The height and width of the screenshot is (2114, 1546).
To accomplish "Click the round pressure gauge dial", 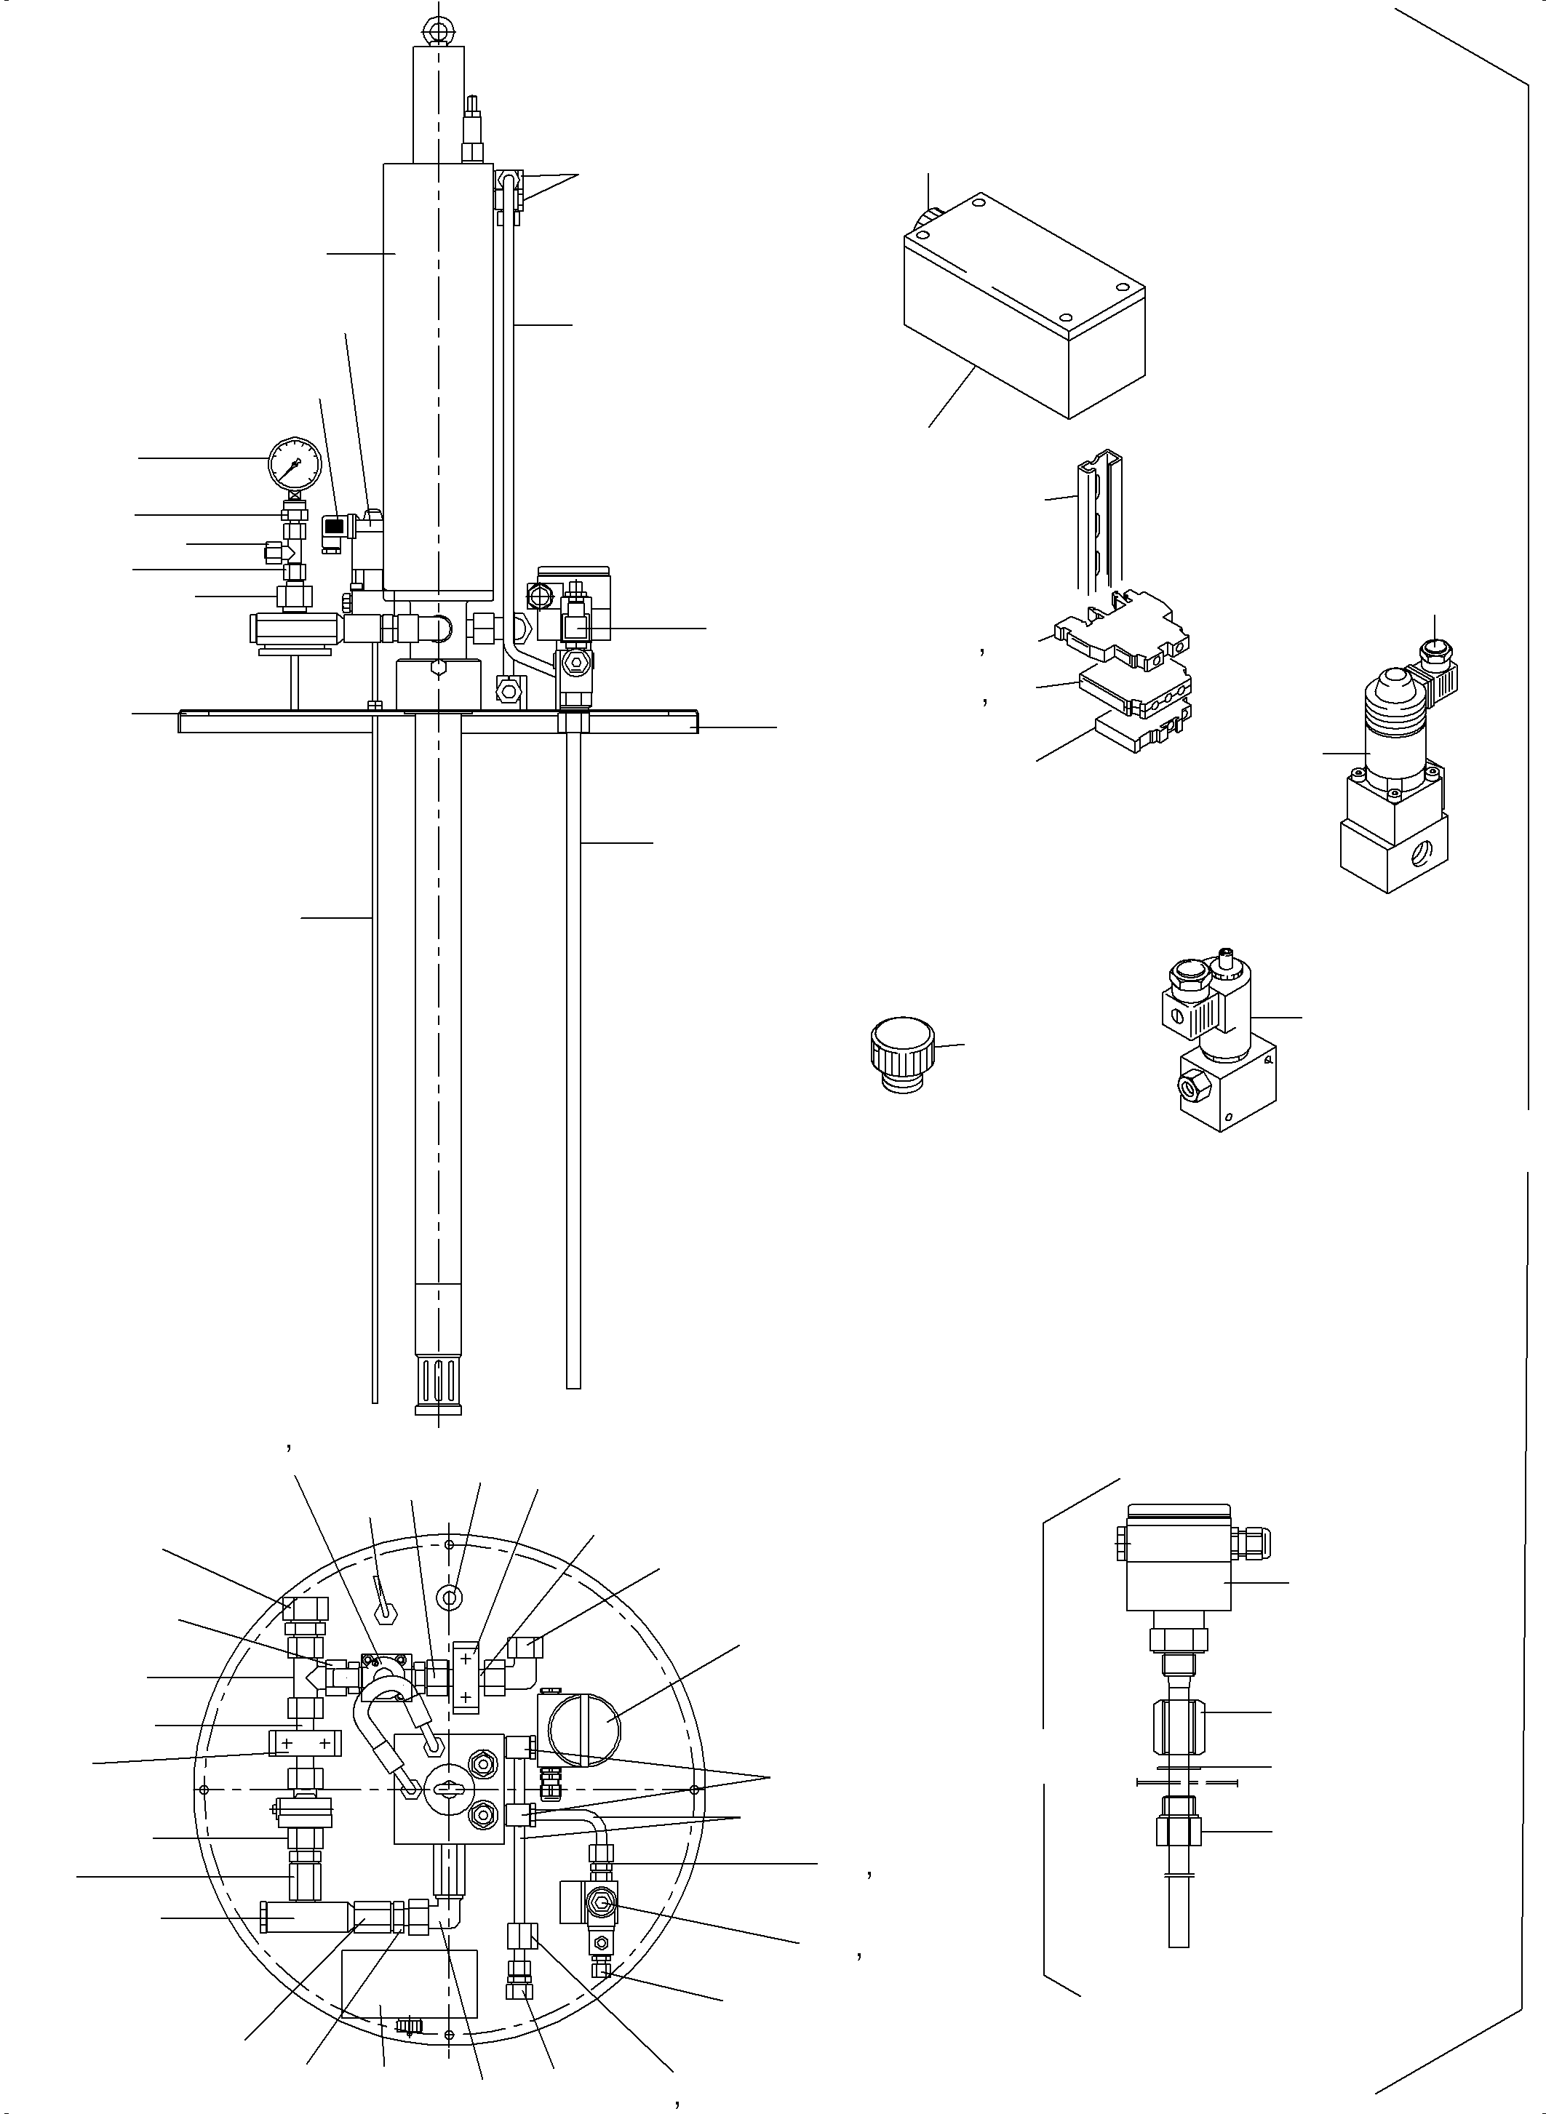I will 294,461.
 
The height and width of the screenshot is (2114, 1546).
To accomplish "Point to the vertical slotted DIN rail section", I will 1099,524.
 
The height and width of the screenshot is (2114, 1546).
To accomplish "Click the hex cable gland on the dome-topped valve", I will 1434,647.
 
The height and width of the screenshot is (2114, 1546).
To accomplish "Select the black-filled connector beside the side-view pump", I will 331,527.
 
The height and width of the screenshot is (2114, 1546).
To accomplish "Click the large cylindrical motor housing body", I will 438,375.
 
